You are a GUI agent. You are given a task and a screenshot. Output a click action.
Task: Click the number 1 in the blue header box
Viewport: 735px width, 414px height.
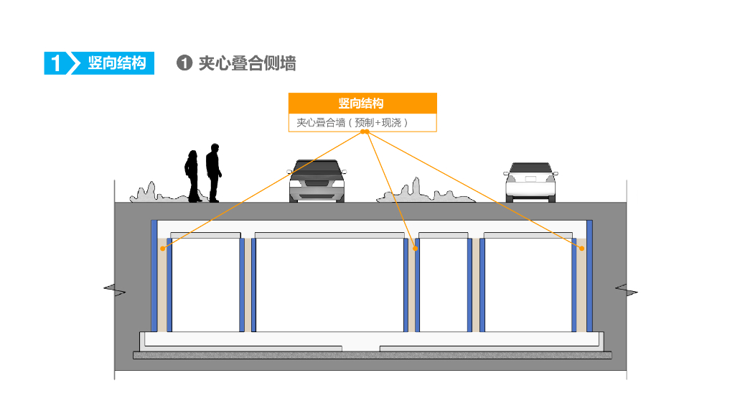55,63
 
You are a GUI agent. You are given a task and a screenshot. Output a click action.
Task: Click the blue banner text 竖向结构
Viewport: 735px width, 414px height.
116,63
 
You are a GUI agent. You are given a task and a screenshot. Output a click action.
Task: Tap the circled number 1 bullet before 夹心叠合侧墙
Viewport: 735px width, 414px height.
184,63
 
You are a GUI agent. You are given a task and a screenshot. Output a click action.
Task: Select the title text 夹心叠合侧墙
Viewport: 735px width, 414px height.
247,63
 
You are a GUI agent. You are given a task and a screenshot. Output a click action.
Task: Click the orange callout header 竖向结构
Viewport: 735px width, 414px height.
362,103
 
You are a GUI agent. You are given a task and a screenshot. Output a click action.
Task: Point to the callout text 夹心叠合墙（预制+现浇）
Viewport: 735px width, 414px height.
352,122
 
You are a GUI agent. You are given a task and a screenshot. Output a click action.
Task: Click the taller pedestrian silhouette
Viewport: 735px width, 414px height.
212,172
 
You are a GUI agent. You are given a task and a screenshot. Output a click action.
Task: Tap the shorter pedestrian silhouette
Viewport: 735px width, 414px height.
192,176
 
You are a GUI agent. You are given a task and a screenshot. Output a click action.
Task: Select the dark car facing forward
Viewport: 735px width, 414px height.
317,180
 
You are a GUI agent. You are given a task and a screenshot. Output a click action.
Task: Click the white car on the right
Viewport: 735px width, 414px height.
531,182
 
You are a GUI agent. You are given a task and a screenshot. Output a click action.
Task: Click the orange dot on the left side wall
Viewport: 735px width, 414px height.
163,249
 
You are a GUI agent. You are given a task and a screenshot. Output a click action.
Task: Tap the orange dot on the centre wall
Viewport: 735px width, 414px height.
416,249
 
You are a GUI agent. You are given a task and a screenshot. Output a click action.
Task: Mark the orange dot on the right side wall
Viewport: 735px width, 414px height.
581,249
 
